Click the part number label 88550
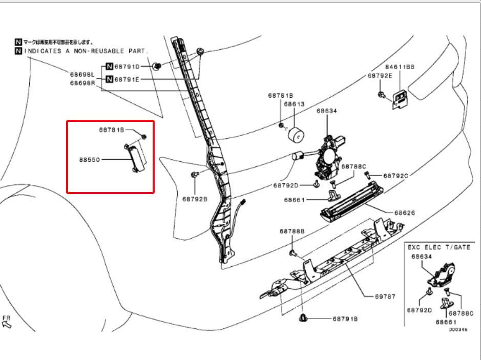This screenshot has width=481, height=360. point(89,159)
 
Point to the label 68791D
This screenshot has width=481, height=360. point(127,66)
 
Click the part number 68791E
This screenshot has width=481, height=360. point(127,79)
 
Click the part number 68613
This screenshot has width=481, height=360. point(294,104)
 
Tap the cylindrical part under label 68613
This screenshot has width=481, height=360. point(295,136)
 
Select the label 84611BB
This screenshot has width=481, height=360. point(400,67)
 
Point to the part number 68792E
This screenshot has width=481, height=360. point(380,75)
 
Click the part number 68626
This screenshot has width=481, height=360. point(405,213)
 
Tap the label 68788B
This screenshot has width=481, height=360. point(292,231)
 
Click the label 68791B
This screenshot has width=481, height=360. point(345,319)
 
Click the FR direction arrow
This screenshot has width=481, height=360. point(7,323)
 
